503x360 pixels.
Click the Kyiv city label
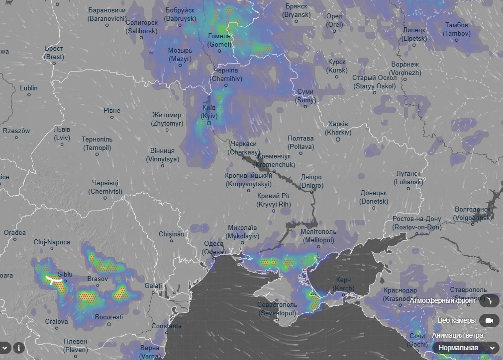[209, 111]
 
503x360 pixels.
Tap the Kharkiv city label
[338, 128]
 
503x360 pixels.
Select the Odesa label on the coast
[214, 248]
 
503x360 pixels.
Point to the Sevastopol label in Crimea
[277, 309]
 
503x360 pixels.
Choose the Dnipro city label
[311, 181]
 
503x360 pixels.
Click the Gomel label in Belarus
[219, 40]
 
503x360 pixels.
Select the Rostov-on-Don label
[416, 223]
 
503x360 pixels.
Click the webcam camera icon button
[489, 321]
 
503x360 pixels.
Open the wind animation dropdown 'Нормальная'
[465, 348]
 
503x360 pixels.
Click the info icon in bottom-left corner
[19, 348]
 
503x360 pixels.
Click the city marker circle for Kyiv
[209, 123]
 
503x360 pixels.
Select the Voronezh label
[405, 69]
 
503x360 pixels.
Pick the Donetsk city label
[374, 197]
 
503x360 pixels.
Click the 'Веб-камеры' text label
[457, 321]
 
